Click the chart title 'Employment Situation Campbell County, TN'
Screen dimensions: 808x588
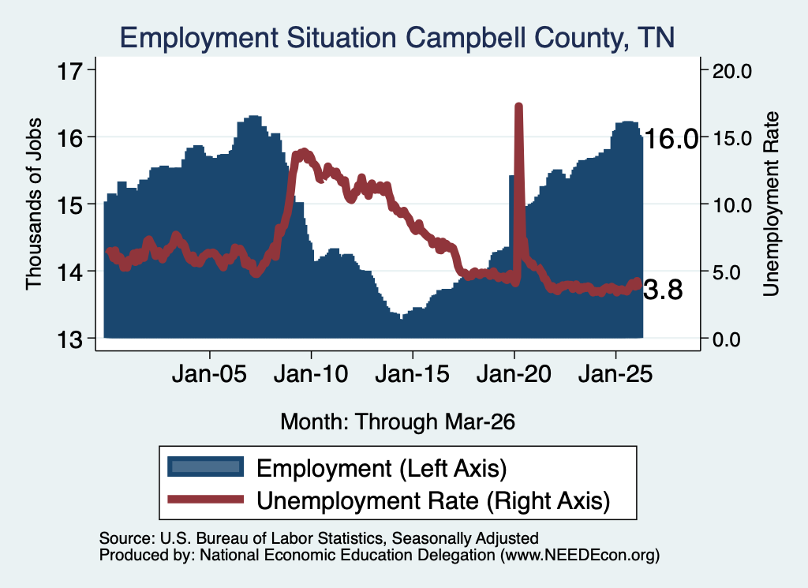pos(398,38)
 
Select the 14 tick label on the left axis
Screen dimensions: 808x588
pos(69,272)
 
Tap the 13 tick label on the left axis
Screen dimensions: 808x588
pos(69,339)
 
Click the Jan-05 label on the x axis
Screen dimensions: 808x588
pos(210,374)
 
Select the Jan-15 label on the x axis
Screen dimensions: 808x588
pos(412,374)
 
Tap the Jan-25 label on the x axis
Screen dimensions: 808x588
pos(615,374)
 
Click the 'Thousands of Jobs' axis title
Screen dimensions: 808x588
pos(33,204)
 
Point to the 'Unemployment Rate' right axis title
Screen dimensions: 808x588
pos(771,204)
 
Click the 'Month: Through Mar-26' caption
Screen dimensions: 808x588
pos(398,421)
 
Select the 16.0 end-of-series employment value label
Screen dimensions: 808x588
pos(671,139)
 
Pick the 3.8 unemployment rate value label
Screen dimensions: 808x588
pos(663,290)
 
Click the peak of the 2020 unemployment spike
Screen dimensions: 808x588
pos(519,107)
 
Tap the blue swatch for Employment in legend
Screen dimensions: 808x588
pos(206,466)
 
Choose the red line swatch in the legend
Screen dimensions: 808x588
pos(206,499)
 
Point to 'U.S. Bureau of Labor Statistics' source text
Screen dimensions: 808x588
pos(271,538)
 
